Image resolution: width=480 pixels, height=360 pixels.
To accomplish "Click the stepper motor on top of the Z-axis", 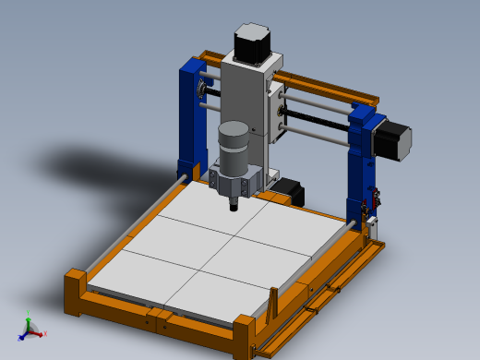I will [x=251, y=42].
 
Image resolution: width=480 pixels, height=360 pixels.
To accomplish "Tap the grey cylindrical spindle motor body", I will [x=234, y=146].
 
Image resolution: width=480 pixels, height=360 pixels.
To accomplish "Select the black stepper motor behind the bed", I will [x=290, y=188].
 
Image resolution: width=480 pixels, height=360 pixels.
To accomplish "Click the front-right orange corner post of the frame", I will [x=245, y=336].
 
